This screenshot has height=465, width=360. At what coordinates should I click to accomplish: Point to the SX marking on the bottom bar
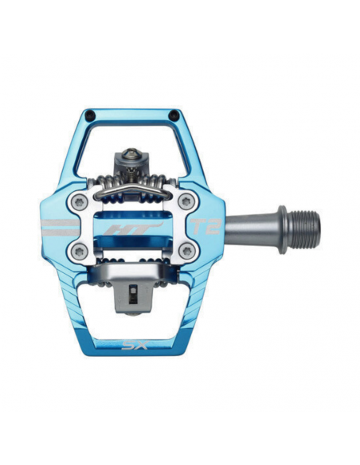click(132, 346)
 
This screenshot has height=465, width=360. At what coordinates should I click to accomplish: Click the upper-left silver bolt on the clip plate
click(79, 201)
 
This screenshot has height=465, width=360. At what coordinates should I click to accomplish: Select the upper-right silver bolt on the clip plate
click(186, 201)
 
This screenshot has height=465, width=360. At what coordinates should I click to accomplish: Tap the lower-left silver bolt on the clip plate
click(79, 252)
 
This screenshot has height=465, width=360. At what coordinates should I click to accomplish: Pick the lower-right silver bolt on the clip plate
click(186, 252)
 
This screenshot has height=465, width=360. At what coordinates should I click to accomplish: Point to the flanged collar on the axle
click(281, 223)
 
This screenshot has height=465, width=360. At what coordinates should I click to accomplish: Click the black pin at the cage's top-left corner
click(88, 117)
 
